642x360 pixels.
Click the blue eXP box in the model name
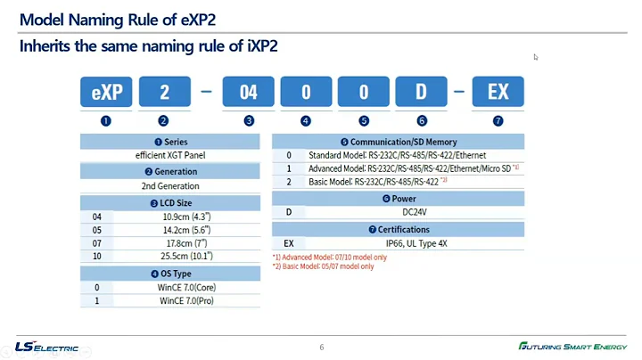pyautogui.click(x=106, y=92)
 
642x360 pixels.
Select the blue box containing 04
pyautogui.click(x=248, y=92)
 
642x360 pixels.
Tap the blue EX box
pyautogui.click(x=498, y=92)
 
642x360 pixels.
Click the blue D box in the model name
pyautogui.click(x=422, y=92)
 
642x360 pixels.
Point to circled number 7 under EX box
pyautogui.click(x=498, y=120)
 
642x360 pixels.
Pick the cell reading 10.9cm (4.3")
pyautogui.click(x=187, y=216)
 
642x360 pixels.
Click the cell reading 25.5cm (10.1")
pyautogui.click(x=187, y=256)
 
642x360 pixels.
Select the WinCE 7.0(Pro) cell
pyautogui.click(x=187, y=300)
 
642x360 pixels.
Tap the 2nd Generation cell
pyautogui.click(x=171, y=186)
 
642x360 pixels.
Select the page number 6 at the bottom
pyautogui.click(x=321, y=347)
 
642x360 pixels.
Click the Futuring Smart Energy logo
pyautogui.click(x=573, y=346)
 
